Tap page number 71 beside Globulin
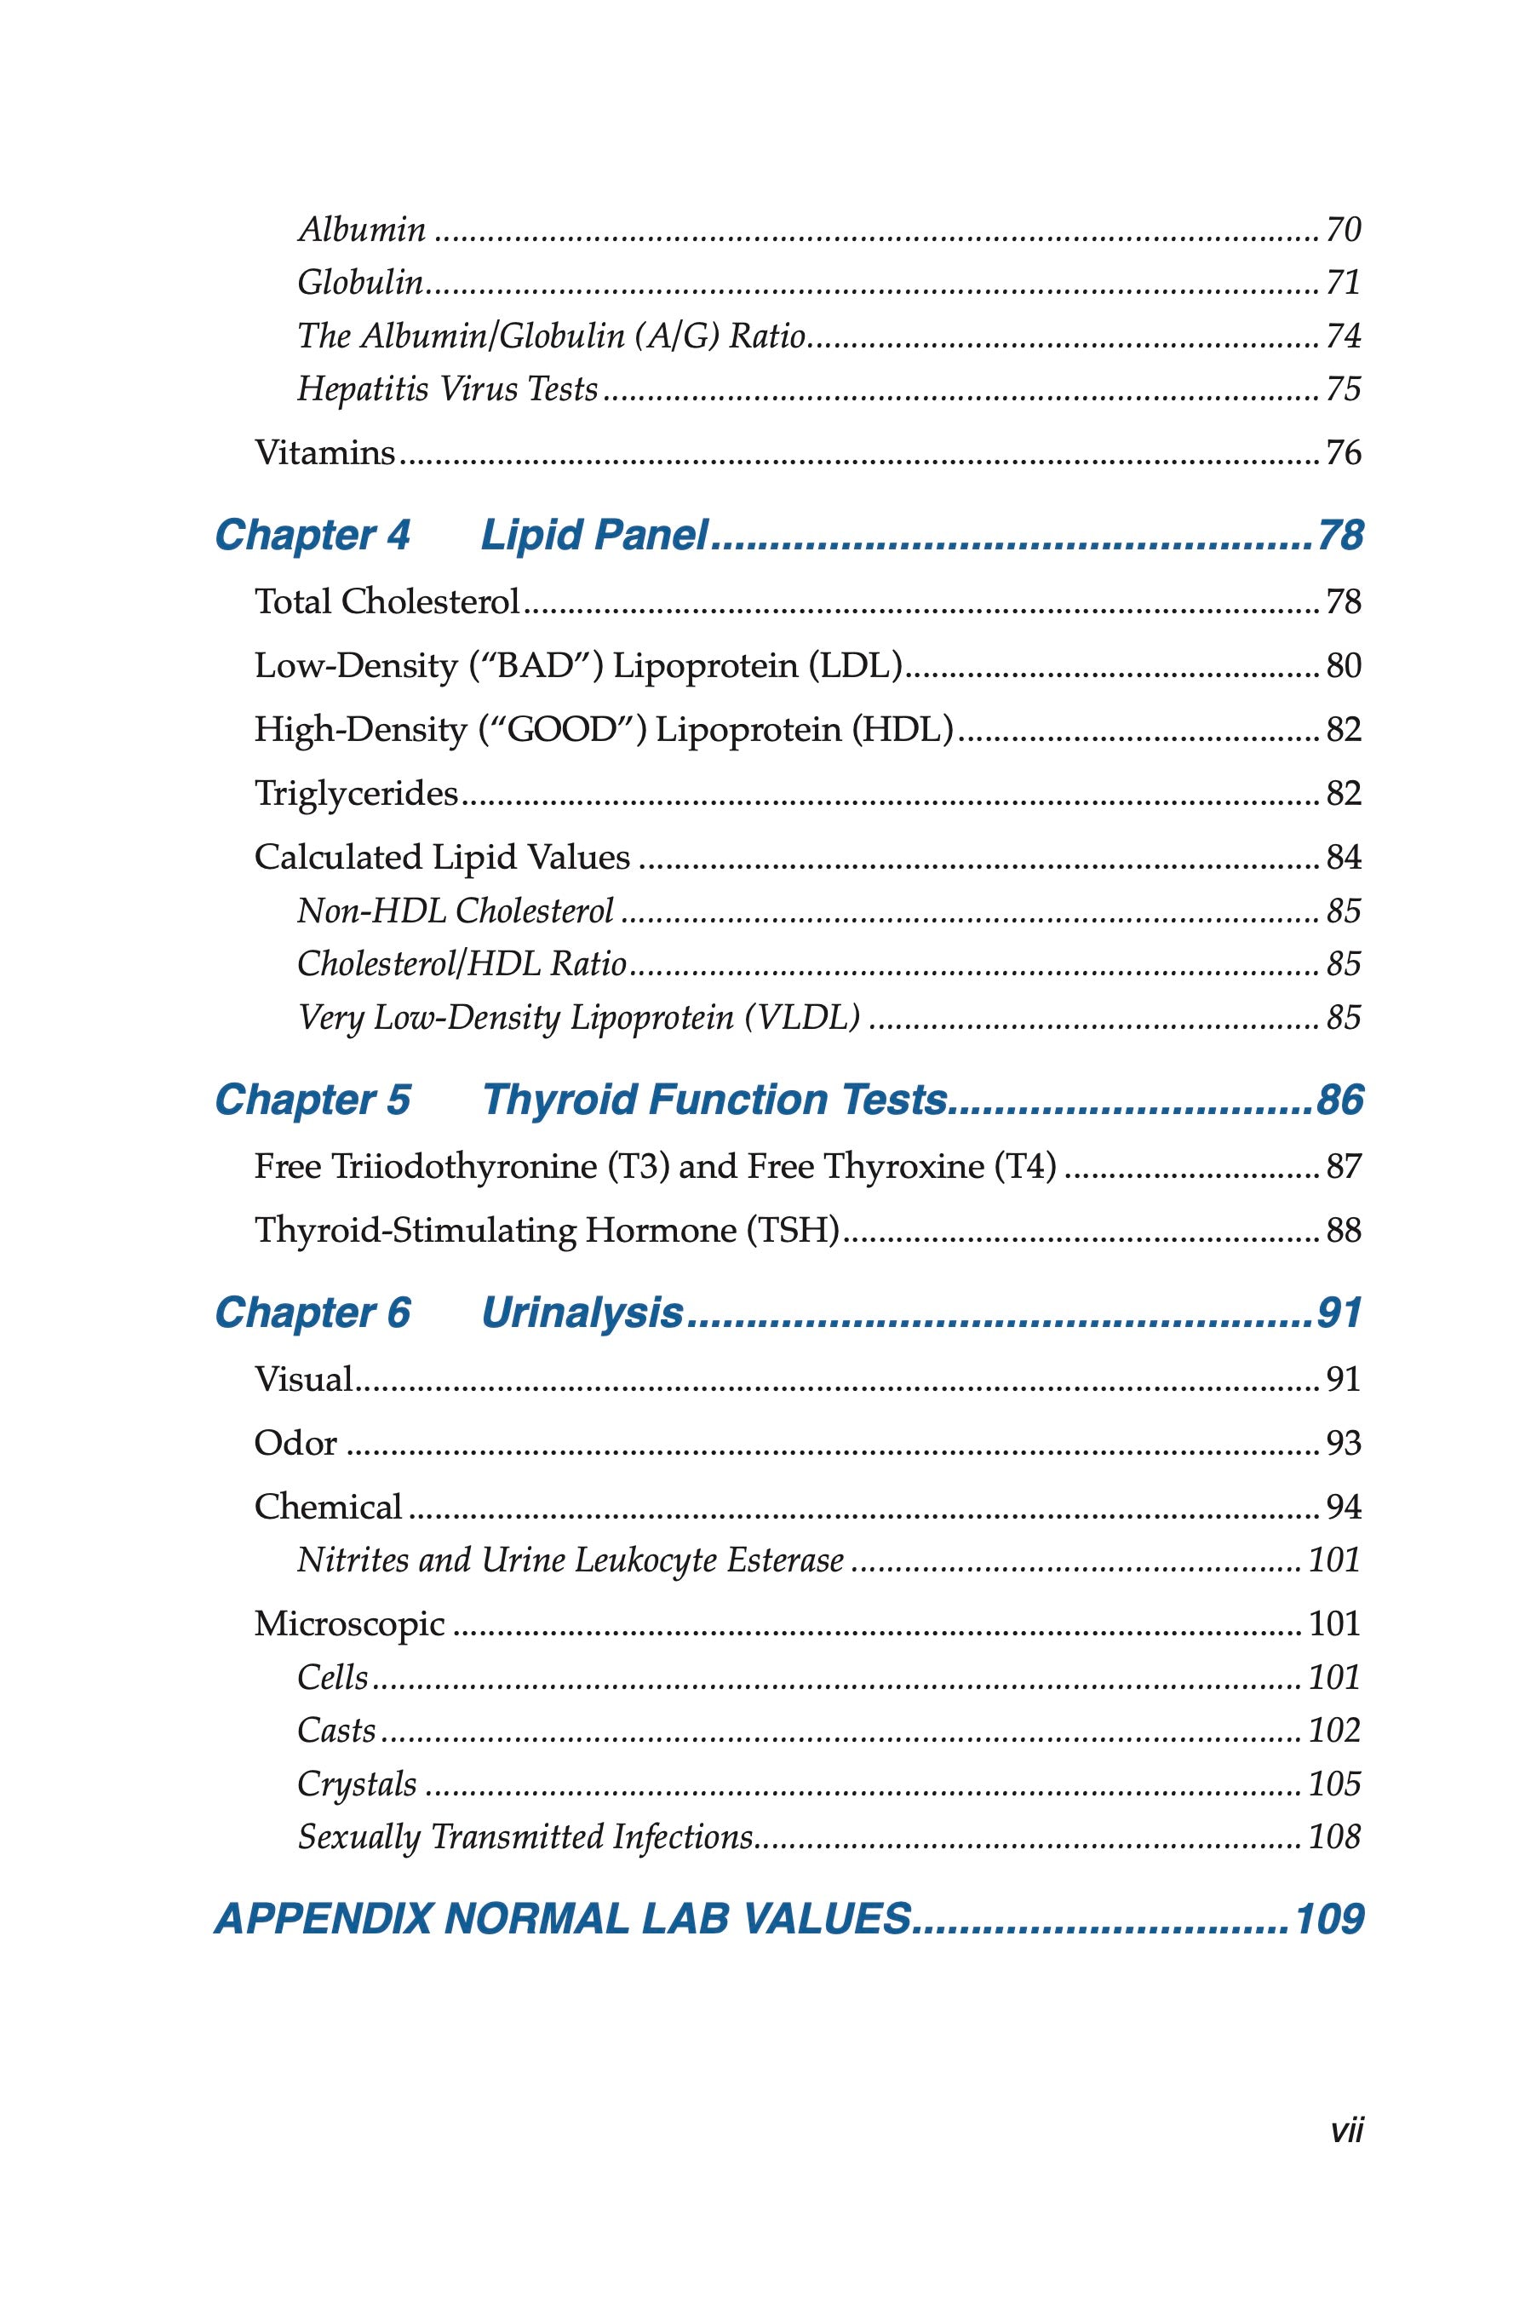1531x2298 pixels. (1343, 284)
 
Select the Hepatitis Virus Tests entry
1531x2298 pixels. (447, 390)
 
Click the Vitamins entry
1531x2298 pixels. (324, 453)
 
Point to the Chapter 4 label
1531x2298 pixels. (313, 535)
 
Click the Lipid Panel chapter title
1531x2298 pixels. (593, 535)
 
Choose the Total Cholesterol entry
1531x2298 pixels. (387, 601)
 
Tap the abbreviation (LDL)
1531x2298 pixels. (854, 666)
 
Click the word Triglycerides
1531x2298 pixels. (355, 793)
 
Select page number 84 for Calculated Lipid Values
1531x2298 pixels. (1343, 858)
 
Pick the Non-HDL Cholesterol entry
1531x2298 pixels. (455, 911)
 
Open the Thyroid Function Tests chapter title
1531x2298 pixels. (714, 1100)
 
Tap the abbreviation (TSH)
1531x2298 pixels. (793, 1230)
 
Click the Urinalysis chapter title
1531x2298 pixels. (582, 1313)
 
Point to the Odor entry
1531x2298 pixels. (295, 1444)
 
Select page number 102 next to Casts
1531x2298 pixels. (1333, 1731)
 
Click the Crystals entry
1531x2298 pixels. (357, 1784)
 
